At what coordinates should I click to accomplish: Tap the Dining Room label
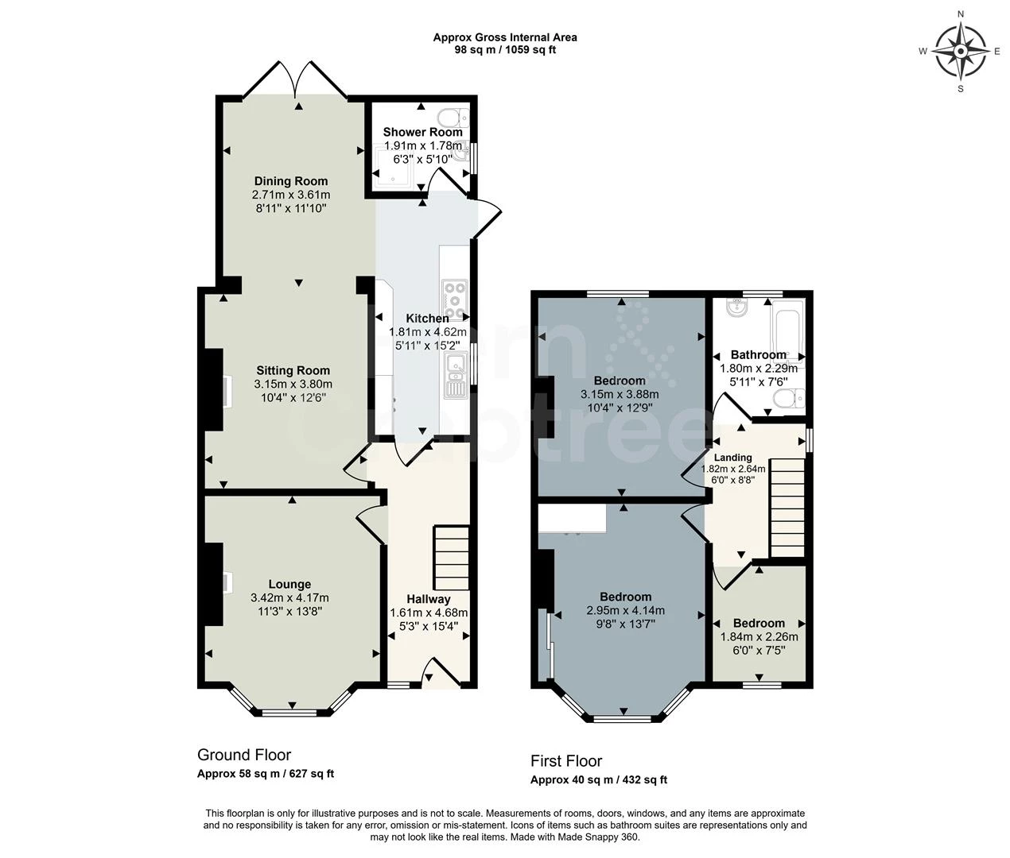[x=291, y=181]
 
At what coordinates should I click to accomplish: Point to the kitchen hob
[x=454, y=300]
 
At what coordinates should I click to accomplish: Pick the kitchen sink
[x=456, y=375]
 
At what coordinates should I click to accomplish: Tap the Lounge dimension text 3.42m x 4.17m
[x=289, y=597]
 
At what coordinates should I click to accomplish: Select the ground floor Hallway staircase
[x=452, y=558]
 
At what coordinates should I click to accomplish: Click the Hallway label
[x=429, y=599]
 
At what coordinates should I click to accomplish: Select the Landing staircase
[x=787, y=507]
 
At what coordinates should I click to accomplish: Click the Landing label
[x=732, y=458]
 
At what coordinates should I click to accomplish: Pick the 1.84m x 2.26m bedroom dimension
[x=759, y=636]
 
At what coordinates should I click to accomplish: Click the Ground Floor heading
[x=244, y=755]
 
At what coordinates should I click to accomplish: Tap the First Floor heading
[x=566, y=760]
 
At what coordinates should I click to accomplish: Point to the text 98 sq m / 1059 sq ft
[x=505, y=50]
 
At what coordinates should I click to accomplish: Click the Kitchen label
[x=428, y=319]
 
